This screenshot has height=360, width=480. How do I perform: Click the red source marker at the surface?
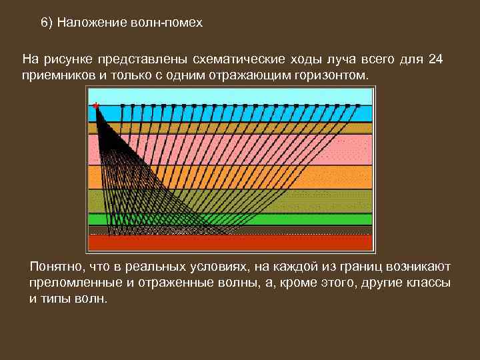point(97,105)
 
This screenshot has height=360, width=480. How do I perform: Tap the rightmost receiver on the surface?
point(358,105)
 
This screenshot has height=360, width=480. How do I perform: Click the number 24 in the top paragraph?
point(435,59)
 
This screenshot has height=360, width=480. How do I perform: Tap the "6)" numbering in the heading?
point(47,23)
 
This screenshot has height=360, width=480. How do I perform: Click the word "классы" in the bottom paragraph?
point(426,283)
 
